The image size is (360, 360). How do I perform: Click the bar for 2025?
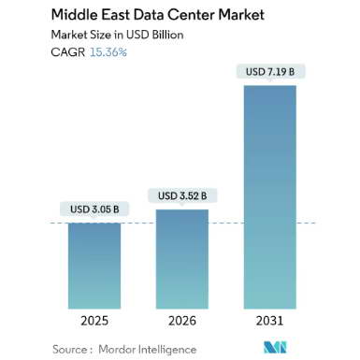(94, 266)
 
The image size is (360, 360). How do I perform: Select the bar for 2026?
(182, 259)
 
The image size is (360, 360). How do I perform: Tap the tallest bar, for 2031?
(270, 197)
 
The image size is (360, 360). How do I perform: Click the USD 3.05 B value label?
(94, 209)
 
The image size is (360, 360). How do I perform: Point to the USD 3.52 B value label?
(182, 195)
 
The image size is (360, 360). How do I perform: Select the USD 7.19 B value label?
(270, 72)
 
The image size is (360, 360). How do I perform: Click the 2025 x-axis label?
(94, 321)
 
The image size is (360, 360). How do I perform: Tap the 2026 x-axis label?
(182, 321)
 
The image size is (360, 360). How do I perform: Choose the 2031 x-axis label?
(270, 321)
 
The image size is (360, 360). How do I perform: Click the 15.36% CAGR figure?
(108, 52)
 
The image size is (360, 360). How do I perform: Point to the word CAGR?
(68, 52)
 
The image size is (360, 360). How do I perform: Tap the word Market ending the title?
(241, 15)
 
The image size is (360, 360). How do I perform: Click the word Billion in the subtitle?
(167, 35)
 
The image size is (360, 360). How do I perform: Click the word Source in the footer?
(70, 350)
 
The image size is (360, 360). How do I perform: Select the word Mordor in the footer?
(117, 350)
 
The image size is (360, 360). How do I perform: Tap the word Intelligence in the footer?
(167, 350)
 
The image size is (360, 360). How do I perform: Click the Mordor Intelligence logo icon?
(275, 347)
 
